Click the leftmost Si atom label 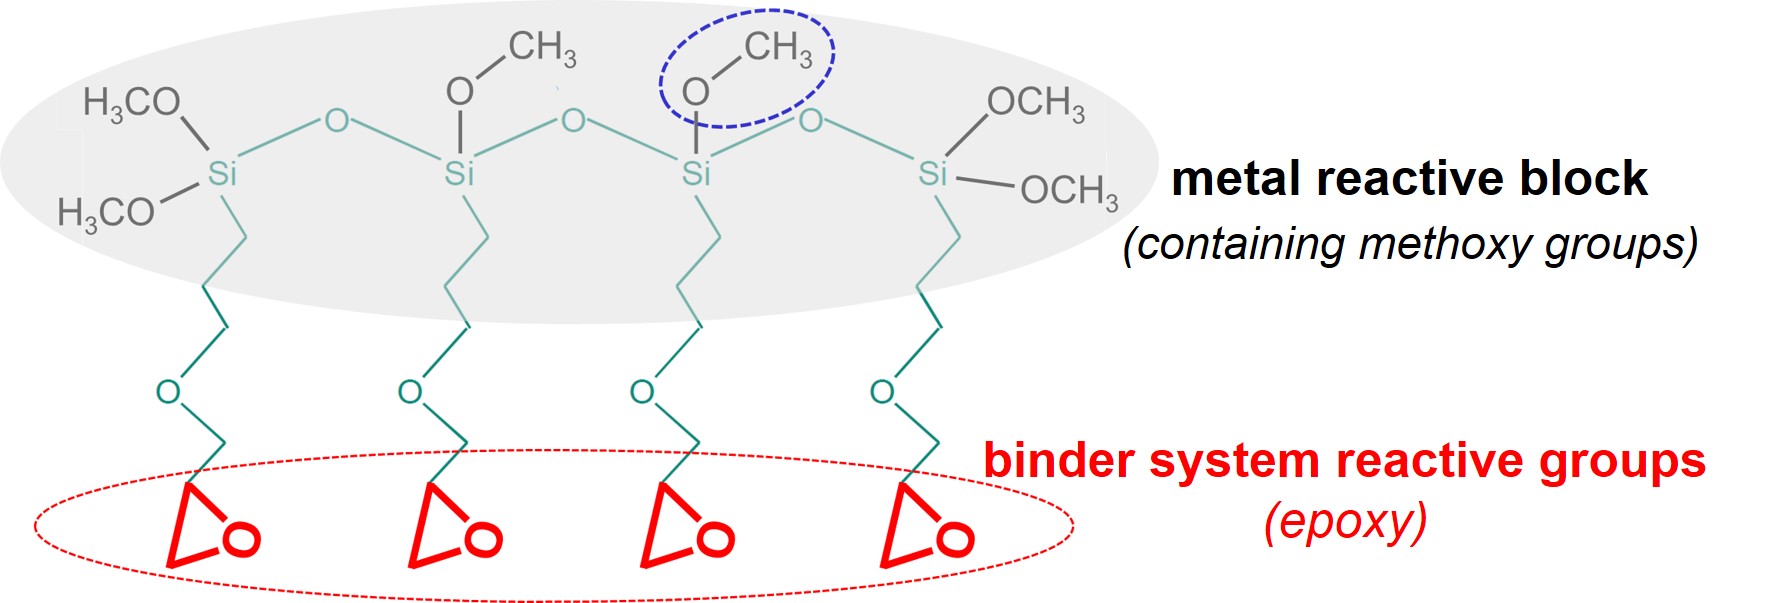click(x=222, y=174)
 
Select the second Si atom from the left click(x=459, y=174)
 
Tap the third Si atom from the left click(x=695, y=174)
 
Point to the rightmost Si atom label click(x=932, y=174)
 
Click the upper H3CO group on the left click(x=132, y=103)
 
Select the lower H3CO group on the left click(x=106, y=213)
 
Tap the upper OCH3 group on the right click(x=1036, y=103)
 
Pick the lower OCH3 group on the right click(x=1069, y=191)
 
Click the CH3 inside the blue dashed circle click(x=778, y=48)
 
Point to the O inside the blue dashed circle click(x=695, y=92)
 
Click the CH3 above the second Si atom click(x=542, y=48)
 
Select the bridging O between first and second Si click(x=337, y=121)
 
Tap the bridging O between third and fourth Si click(x=811, y=121)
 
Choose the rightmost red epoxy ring click(x=926, y=527)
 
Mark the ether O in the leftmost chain click(x=168, y=391)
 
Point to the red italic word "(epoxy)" click(x=1345, y=522)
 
